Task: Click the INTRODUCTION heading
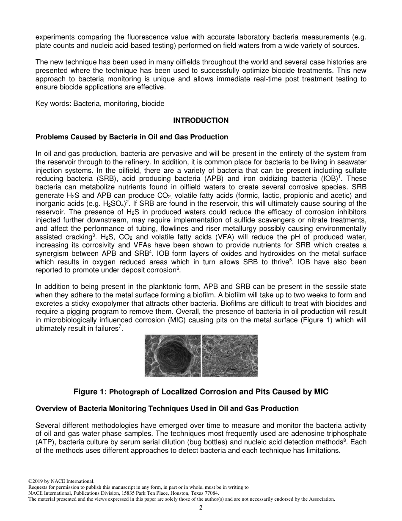pyautogui.click(x=201, y=120)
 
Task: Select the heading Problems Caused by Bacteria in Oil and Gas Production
pyautogui.click(x=132, y=137)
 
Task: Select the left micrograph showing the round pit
pyautogui.click(x=173, y=356)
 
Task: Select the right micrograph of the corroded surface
pyautogui.click(x=229, y=356)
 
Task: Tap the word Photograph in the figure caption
pyautogui.click(x=129, y=392)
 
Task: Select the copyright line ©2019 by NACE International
pyautogui.click(x=61, y=481)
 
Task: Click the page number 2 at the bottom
pyautogui.click(x=201, y=508)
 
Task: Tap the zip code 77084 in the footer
pyautogui.click(x=210, y=493)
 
